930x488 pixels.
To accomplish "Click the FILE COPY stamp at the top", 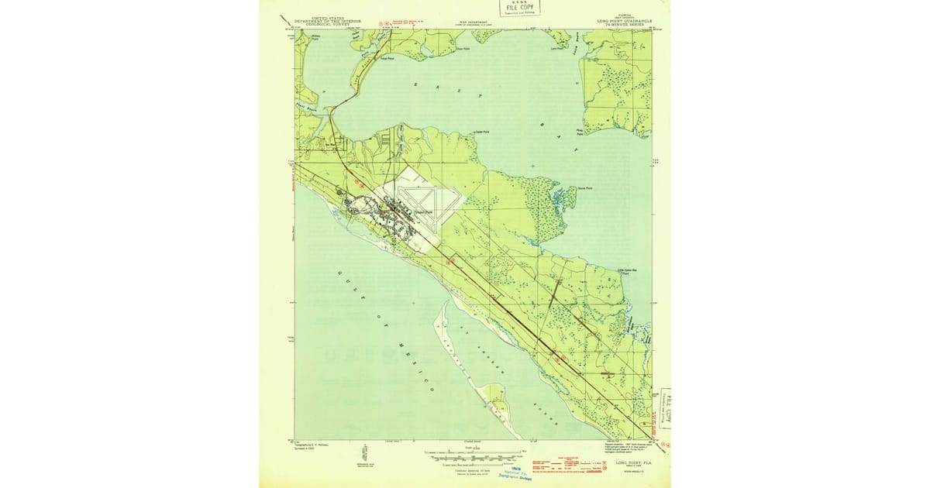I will [520, 9].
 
